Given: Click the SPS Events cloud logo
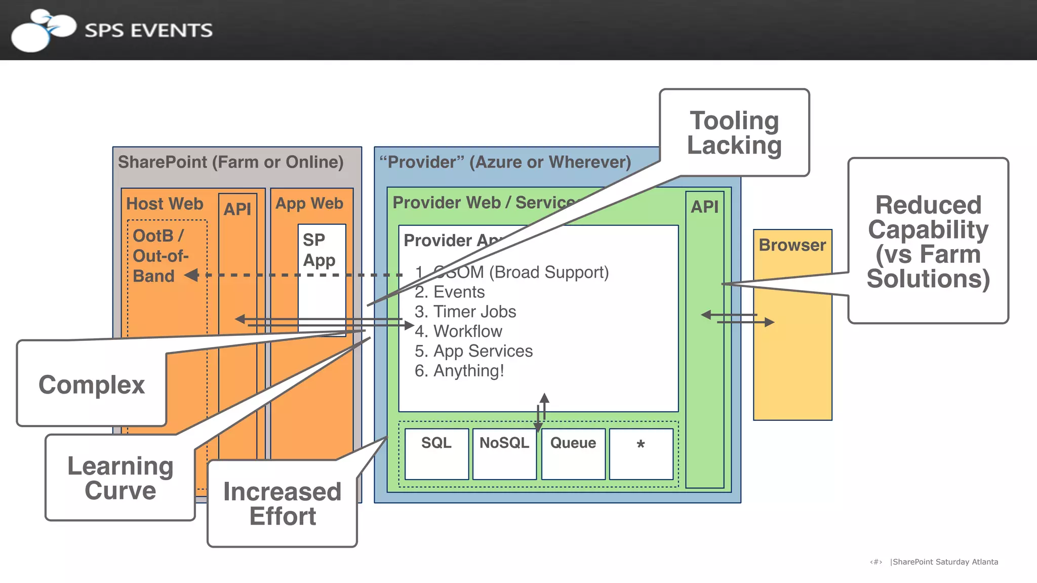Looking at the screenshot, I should (43, 30).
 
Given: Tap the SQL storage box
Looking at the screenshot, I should (436, 453).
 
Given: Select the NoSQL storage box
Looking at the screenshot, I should (504, 453).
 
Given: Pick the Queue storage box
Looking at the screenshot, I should (573, 453).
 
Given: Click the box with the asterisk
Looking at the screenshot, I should (641, 453).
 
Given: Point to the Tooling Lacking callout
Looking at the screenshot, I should (734, 133).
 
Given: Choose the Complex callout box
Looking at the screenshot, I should (92, 384).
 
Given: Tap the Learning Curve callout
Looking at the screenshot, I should (121, 478).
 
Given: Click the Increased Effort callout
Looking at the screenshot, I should (283, 503).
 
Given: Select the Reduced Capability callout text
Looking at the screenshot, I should (928, 242).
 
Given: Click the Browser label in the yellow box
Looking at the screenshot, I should (792, 245).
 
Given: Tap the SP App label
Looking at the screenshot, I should (319, 250).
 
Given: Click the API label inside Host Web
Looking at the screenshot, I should (237, 209).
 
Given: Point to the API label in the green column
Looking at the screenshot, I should (705, 207).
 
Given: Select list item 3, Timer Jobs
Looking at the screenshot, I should (465, 312).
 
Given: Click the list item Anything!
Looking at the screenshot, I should (459, 371).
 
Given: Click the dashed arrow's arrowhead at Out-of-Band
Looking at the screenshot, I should (191, 275).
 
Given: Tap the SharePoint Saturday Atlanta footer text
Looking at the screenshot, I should (945, 562).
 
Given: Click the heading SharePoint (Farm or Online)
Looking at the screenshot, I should (231, 162).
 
